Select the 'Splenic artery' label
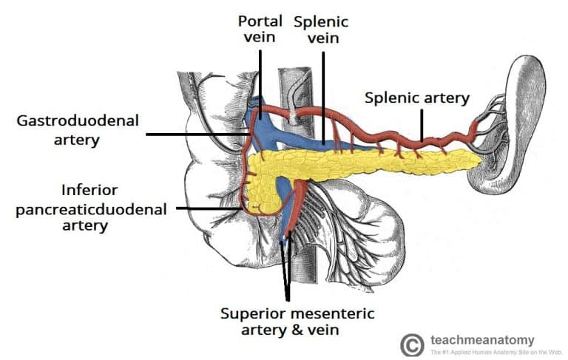click(x=417, y=98)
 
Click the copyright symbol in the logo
click(x=412, y=344)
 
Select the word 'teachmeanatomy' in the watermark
click(x=481, y=339)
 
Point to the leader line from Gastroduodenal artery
click(x=196, y=134)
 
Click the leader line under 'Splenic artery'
click(x=422, y=122)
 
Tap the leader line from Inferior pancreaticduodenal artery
click(x=207, y=208)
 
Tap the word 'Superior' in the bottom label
click(x=251, y=313)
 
